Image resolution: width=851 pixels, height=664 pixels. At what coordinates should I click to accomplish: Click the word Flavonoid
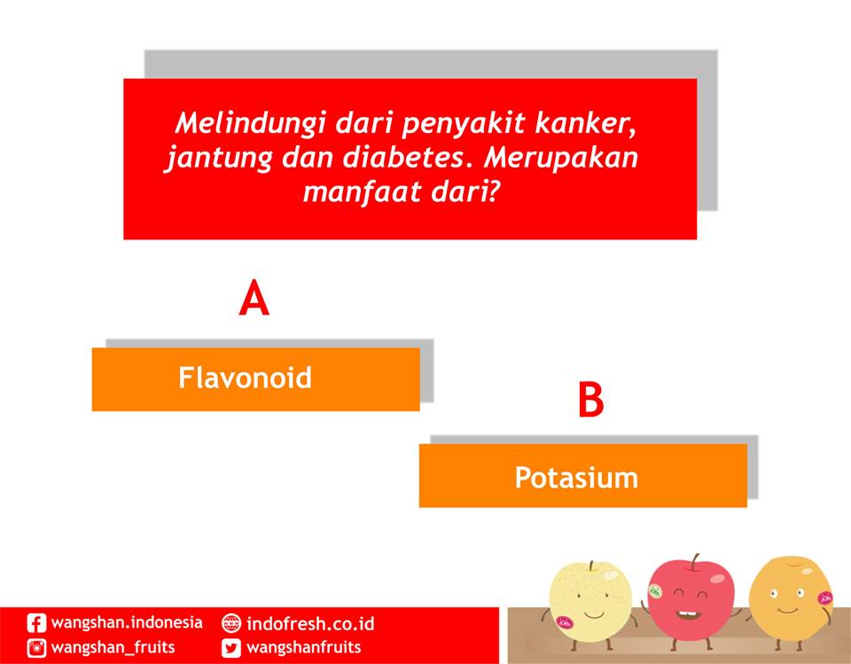[x=245, y=379]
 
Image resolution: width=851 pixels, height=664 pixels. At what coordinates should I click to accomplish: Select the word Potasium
[x=576, y=478]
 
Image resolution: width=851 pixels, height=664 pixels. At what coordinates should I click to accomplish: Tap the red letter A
[x=254, y=299]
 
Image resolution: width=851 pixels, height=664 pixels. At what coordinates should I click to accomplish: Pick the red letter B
[x=590, y=400]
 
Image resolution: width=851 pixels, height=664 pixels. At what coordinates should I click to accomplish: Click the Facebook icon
[x=36, y=623]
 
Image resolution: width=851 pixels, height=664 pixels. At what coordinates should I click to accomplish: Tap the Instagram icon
[x=36, y=647]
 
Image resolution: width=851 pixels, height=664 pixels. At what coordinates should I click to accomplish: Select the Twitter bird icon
[x=231, y=647]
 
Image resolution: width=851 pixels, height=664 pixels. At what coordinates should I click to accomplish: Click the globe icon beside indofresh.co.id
[x=231, y=623]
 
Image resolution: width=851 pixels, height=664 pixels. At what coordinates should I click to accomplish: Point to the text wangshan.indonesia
[x=127, y=622]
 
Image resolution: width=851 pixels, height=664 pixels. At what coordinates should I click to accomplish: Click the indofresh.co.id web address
[x=310, y=622]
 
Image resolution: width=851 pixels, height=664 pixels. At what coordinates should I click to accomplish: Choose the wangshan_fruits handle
[x=113, y=647]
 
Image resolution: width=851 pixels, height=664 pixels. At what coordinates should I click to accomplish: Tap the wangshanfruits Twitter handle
[x=304, y=647]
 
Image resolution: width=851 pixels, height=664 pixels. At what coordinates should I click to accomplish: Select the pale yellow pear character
[x=589, y=598]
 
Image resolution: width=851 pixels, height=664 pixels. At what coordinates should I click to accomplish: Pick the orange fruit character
[x=789, y=596]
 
